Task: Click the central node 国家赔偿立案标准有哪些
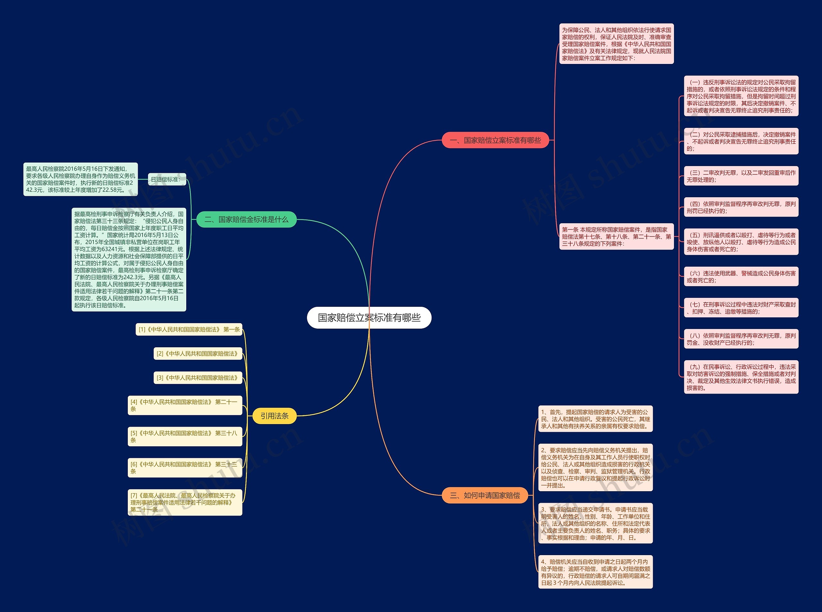pos(369,317)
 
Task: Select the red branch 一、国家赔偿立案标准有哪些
pos(495,140)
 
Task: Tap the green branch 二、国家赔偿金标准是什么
pos(246,219)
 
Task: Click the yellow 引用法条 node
pos(274,416)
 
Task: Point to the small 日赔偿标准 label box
pos(167,179)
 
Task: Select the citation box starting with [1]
pos(189,329)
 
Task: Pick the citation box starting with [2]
pos(198,353)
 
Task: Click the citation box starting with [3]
pos(198,377)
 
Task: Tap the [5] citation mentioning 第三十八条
pos(185,436)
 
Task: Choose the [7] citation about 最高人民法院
pos(185,502)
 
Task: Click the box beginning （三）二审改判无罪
pos(741,176)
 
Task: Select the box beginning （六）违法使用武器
pos(741,277)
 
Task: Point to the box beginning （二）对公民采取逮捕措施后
pos(741,141)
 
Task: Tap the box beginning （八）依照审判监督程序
pos(741,339)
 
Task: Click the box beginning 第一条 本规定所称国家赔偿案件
pos(616,236)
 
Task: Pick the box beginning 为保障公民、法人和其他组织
pos(616,44)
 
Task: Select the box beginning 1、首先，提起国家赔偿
pos(595,419)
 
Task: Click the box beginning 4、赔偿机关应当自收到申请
pos(595,572)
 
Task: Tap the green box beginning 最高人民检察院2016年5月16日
pos(80,179)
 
